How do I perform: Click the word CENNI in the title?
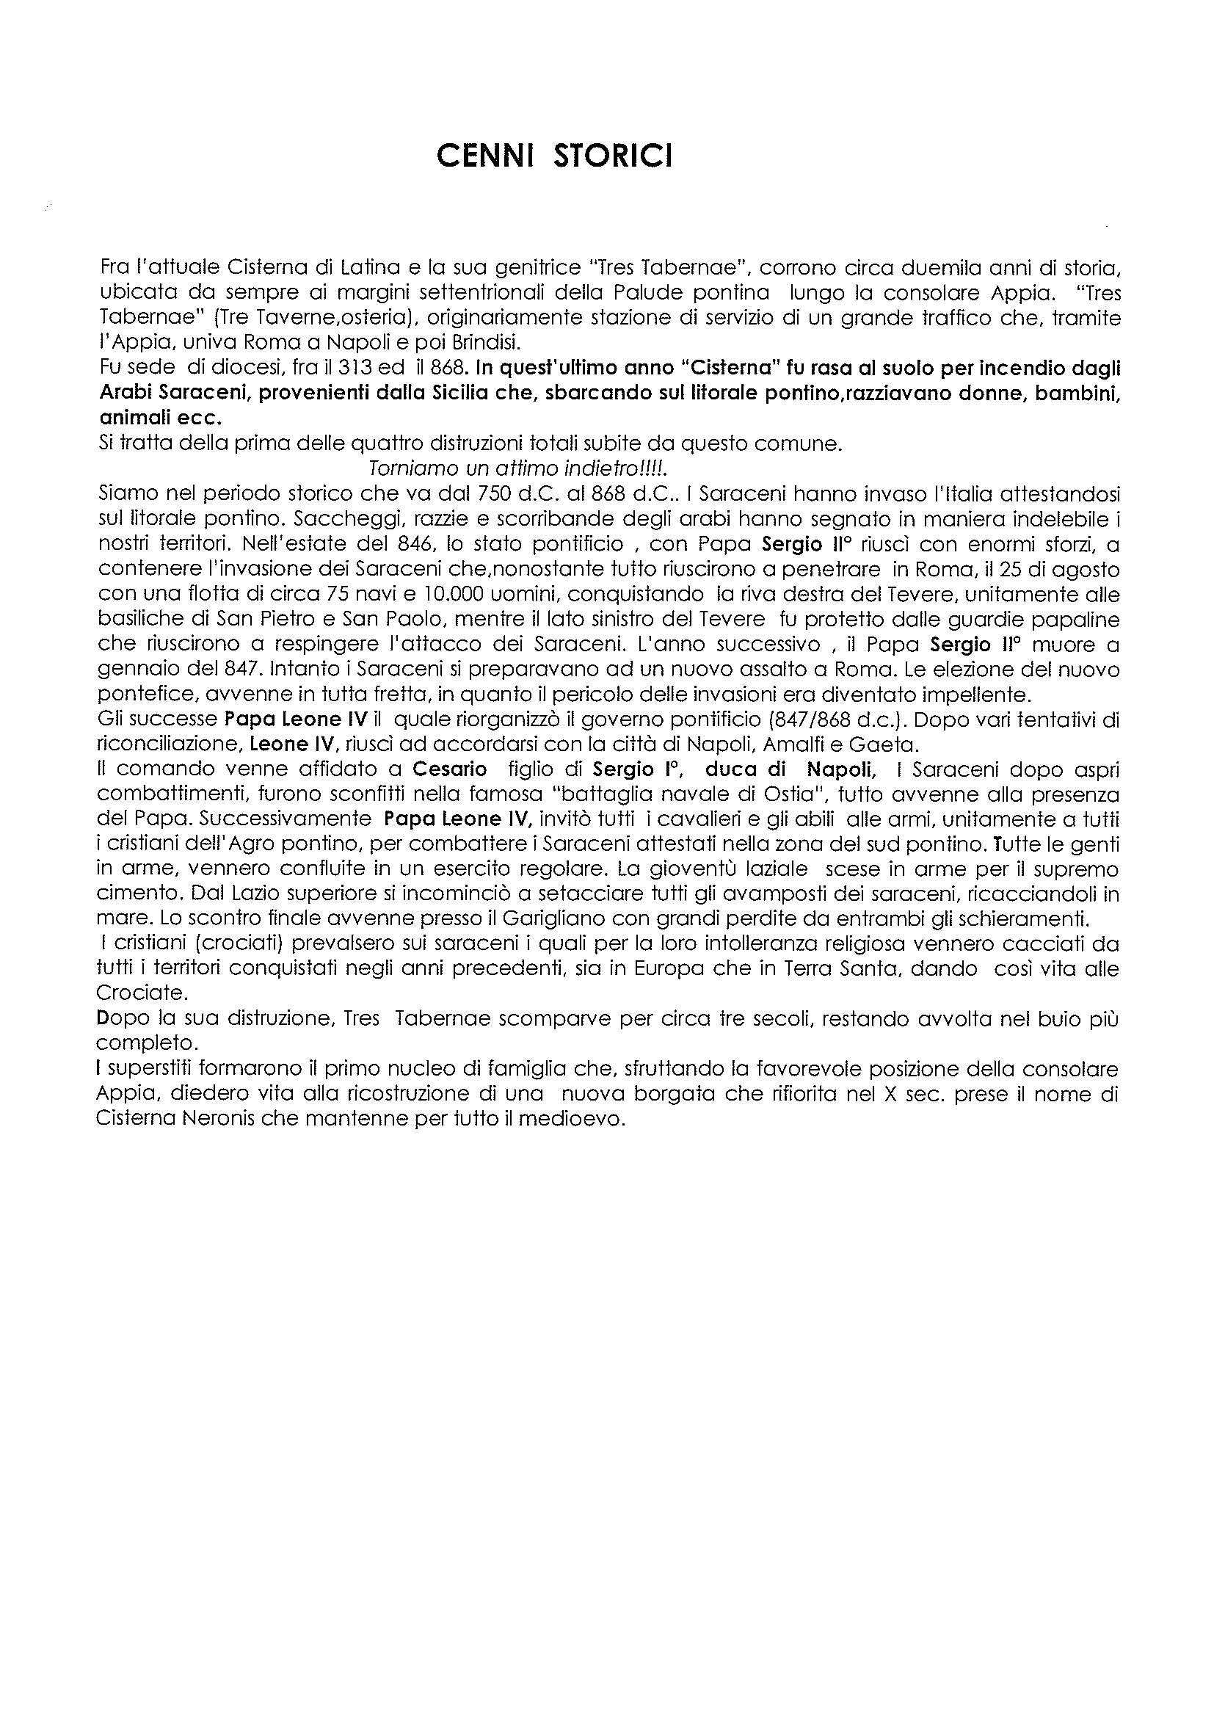[x=485, y=156]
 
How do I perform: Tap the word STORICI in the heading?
[x=613, y=156]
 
